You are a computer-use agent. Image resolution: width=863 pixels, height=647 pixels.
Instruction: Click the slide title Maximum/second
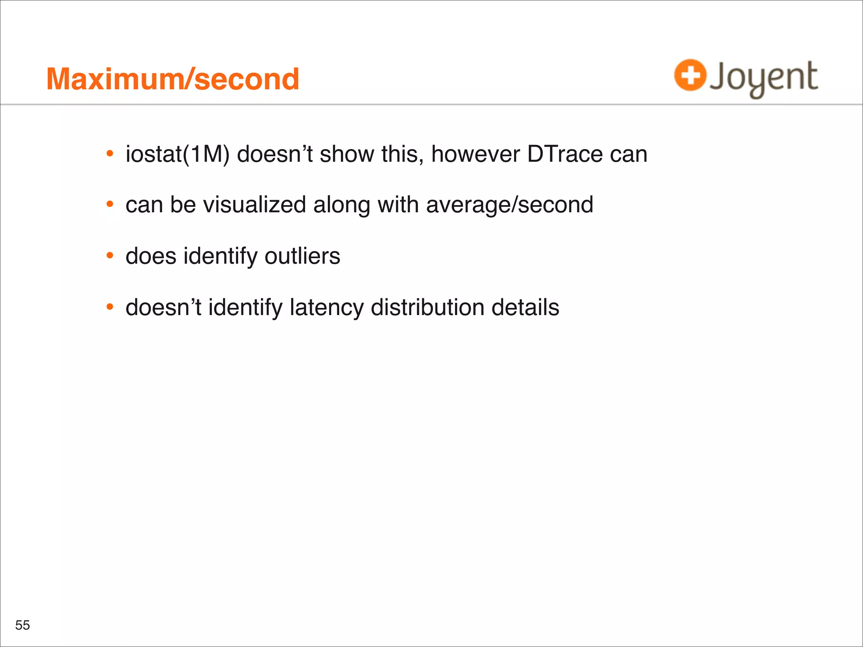(173, 79)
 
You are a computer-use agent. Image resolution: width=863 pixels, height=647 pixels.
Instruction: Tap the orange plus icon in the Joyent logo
(690, 75)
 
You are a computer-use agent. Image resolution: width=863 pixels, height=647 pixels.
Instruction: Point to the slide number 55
(22, 625)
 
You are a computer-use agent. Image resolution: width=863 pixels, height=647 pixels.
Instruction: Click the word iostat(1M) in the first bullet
(177, 154)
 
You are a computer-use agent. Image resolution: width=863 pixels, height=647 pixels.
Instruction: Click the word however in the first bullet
(475, 154)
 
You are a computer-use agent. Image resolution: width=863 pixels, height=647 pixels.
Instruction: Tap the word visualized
(255, 205)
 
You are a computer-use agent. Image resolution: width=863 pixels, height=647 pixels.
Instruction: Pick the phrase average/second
(509, 205)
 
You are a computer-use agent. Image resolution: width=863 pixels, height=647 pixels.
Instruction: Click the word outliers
(302, 256)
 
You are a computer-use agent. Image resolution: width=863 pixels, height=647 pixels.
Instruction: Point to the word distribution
(427, 307)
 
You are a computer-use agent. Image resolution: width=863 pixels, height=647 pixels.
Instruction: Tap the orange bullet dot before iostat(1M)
(110, 154)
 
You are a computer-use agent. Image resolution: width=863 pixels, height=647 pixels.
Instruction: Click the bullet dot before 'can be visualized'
(110, 205)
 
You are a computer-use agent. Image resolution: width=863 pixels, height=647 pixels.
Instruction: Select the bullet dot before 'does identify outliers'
(110, 256)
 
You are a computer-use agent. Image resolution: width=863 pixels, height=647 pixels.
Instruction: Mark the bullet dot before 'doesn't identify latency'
(110, 307)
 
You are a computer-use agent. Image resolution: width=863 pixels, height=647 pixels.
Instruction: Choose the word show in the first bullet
(347, 154)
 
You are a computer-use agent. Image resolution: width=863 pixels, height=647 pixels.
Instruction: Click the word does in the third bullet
(151, 256)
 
